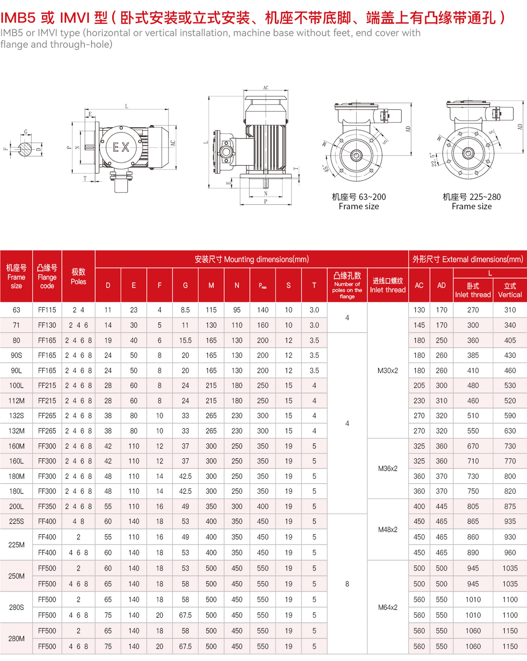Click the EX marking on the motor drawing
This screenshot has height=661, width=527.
(x=121, y=147)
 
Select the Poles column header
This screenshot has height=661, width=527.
(x=78, y=276)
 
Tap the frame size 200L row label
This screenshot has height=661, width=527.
(x=16, y=506)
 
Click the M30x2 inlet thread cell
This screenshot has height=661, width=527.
(x=388, y=370)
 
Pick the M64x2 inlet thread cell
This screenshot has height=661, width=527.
(x=388, y=607)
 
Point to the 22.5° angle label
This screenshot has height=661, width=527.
(x=434, y=160)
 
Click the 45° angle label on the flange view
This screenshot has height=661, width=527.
(x=326, y=168)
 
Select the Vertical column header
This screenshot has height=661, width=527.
(x=510, y=290)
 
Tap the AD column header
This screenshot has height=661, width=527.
(x=441, y=285)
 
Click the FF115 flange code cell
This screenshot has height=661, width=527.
(x=47, y=310)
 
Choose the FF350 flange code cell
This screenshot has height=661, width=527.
(x=47, y=506)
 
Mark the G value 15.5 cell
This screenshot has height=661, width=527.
(x=185, y=340)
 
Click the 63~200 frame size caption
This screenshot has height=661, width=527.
(x=359, y=202)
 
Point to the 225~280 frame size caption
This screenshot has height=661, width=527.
(x=471, y=202)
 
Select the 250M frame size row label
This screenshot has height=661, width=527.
(x=16, y=576)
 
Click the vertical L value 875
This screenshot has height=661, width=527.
(x=510, y=506)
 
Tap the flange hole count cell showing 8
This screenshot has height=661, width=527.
(x=347, y=584)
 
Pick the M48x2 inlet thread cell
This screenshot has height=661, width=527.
(x=388, y=529)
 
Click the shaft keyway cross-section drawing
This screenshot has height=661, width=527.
(x=25, y=149)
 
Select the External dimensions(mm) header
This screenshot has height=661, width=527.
(x=468, y=259)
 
